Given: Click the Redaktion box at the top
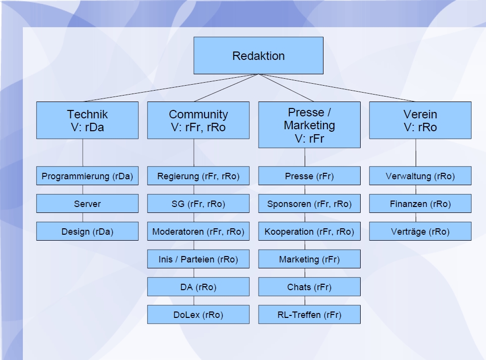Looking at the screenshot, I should tap(258, 55).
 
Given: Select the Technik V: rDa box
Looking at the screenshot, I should tap(87, 120).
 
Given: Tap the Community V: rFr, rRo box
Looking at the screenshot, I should tap(198, 120).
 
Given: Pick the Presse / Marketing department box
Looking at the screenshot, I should tap(309, 125).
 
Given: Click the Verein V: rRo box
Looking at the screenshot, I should tap(420, 120).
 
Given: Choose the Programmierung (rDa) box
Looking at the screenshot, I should tap(87, 176).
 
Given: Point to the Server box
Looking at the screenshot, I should tap(87, 204).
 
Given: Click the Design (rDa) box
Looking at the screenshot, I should tap(87, 231).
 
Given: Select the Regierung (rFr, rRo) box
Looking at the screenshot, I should tap(198, 176).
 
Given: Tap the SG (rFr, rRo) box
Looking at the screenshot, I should tap(198, 204).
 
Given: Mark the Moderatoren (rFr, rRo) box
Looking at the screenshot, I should tap(198, 231).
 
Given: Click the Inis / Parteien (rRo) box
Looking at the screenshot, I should tap(198, 259).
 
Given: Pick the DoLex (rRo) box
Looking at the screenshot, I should tap(198, 314).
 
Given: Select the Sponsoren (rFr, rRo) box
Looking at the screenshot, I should tap(309, 204).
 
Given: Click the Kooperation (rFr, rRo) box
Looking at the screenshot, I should tap(309, 231).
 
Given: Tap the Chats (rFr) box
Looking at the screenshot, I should tap(309, 287).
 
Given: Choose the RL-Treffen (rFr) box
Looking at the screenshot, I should tap(309, 314).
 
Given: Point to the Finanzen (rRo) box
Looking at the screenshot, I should tap(420, 204).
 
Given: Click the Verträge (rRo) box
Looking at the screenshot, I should tap(420, 231).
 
